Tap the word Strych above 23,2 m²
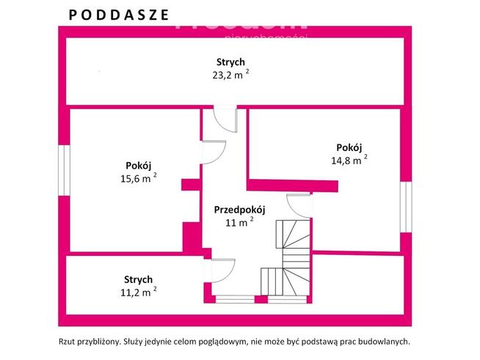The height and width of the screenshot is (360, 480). (230, 62)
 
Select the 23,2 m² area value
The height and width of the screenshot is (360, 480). (230, 74)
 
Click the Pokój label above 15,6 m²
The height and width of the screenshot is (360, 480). (138, 165)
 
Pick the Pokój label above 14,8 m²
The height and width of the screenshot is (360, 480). (349, 147)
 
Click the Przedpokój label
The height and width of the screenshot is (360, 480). (239, 210)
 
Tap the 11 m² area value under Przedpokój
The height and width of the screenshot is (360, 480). (239, 222)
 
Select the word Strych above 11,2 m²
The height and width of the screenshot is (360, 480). (138, 279)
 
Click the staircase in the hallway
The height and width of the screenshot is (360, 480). (290, 257)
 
